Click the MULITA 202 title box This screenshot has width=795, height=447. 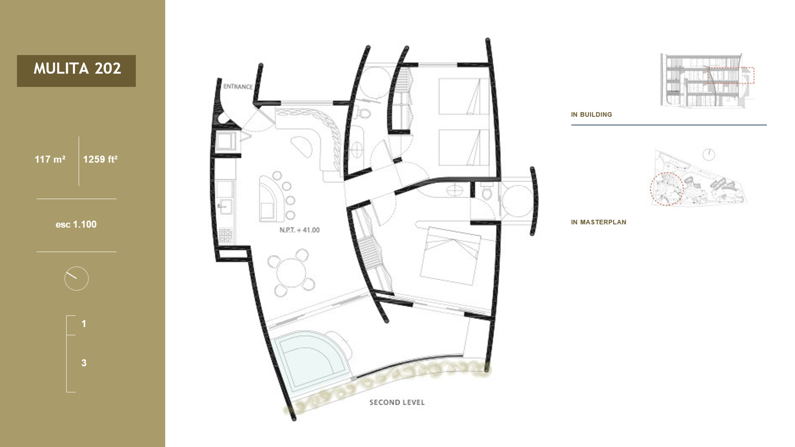[x=76, y=70]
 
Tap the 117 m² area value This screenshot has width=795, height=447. [x=50, y=159]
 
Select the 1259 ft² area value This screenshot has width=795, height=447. [x=100, y=159]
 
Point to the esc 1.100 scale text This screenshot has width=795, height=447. [x=76, y=224]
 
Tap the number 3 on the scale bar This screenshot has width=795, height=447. [x=84, y=363]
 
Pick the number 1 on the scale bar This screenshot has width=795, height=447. [x=84, y=323]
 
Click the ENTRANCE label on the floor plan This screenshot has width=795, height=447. [x=238, y=86]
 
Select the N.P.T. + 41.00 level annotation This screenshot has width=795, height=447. [x=300, y=230]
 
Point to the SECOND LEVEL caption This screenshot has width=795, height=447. [x=397, y=403]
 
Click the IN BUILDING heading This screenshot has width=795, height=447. [x=591, y=114]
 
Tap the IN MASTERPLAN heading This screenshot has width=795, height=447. [x=598, y=222]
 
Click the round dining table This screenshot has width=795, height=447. [x=291, y=273]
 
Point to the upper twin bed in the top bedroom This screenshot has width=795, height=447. [x=464, y=96]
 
